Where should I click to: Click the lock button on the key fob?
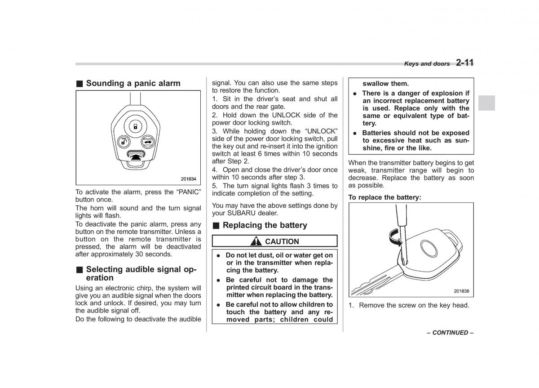[135, 127]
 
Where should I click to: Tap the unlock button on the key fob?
[123, 143]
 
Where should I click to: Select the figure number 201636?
[461, 291]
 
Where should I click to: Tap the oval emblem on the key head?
[429, 248]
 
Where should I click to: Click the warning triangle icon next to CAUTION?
[256, 241]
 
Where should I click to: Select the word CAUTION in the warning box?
[282, 241]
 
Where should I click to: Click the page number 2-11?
[464, 63]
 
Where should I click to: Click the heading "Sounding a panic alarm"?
[133, 83]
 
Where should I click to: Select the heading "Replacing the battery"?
[265, 225]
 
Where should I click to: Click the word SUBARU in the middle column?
[238, 213]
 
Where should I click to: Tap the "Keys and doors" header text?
[427, 64]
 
